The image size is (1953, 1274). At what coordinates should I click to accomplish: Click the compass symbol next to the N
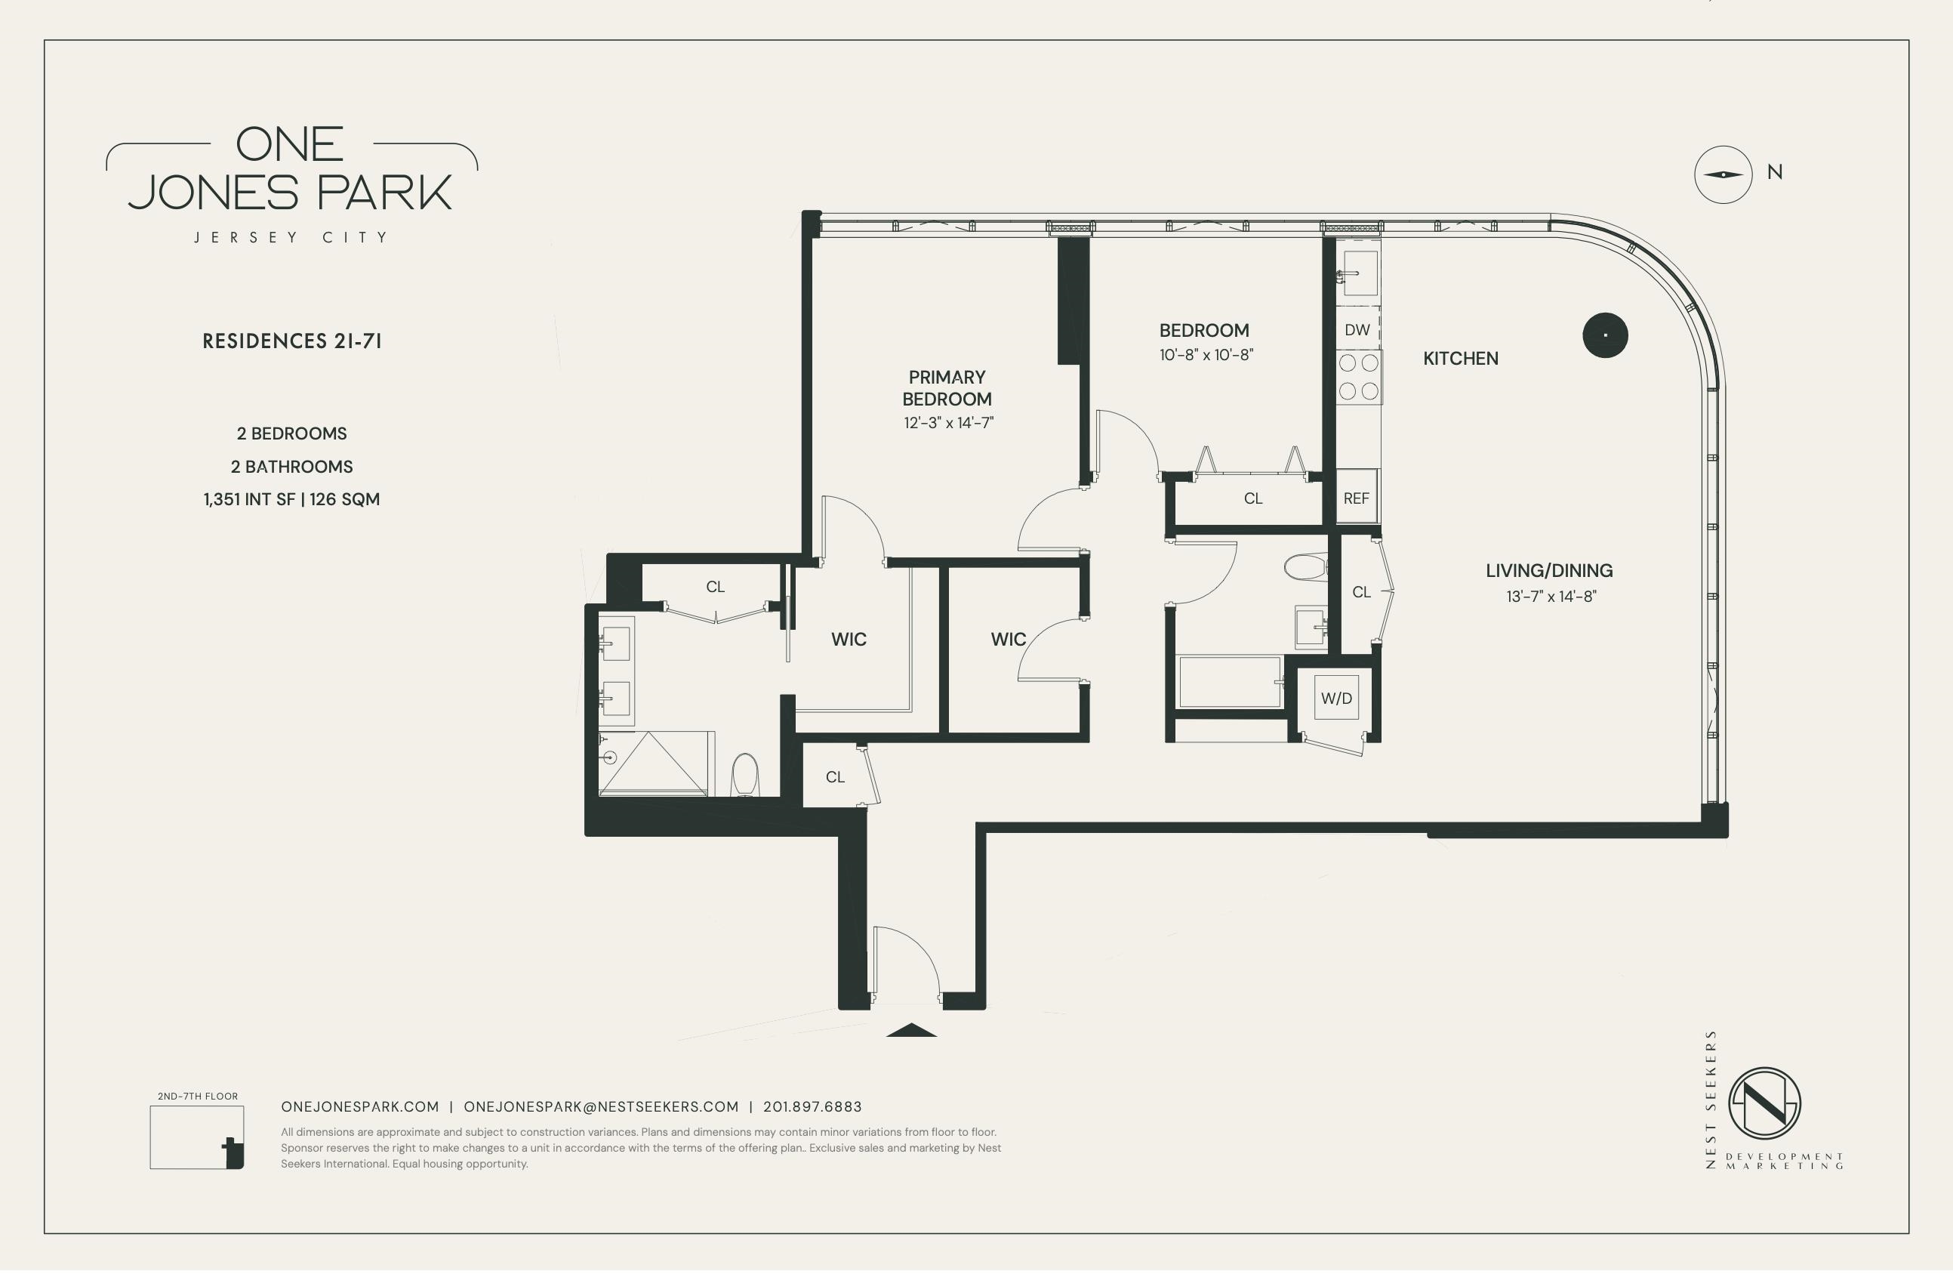tap(1724, 175)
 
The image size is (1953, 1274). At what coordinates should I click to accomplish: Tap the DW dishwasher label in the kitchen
tap(1357, 330)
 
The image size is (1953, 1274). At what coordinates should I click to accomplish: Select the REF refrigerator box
tap(1357, 498)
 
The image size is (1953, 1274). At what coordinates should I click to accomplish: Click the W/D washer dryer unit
tap(1336, 698)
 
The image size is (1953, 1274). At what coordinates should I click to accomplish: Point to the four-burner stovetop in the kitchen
tap(1359, 377)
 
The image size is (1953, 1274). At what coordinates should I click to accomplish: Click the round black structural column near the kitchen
tap(1605, 336)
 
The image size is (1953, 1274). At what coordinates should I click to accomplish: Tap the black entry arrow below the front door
tap(911, 1030)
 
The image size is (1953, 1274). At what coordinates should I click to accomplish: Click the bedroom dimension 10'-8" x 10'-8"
tap(1206, 356)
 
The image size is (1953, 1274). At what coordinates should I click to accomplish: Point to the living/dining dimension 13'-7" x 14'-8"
tap(1551, 597)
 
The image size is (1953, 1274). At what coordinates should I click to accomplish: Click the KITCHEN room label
tap(1461, 359)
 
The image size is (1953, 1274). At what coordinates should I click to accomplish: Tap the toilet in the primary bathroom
tap(745, 775)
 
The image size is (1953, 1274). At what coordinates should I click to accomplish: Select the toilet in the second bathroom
tap(1305, 567)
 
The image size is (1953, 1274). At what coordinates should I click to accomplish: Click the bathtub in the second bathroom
tap(1229, 681)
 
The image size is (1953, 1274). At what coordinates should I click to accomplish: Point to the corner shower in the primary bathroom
tap(653, 763)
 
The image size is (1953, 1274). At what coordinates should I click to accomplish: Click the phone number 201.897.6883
tap(812, 1106)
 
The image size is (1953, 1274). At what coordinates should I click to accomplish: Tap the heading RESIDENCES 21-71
tap(292, 341)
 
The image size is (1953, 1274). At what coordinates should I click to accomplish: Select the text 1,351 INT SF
tap(249, 499)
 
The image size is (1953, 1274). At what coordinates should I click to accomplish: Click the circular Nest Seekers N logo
tap(1765, 1103)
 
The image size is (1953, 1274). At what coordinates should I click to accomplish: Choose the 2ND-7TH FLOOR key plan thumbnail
tap(197, 1137)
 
